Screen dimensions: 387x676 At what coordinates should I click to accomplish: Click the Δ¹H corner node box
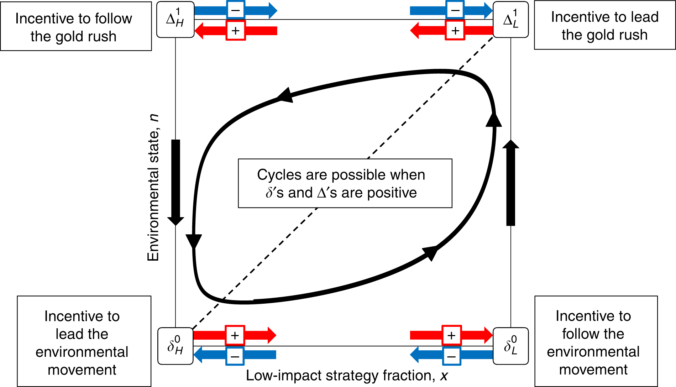(175, 20)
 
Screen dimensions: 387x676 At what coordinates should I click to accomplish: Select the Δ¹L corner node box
(511, 20)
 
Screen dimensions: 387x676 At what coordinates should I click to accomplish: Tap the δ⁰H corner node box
(175, 346)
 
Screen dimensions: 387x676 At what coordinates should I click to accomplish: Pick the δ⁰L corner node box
(511, 346)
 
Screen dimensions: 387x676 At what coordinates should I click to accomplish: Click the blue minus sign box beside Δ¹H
(236, 10)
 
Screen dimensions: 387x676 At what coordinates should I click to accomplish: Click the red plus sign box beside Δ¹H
(236, 31)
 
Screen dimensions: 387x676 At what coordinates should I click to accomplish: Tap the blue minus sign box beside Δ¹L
(455, 10)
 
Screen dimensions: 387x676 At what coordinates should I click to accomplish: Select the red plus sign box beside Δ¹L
(455, 31)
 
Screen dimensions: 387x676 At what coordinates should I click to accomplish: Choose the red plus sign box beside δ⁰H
(235, 335)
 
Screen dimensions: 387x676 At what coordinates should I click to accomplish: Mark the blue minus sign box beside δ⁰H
(235, 356)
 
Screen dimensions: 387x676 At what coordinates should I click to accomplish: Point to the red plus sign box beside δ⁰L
(451, 335)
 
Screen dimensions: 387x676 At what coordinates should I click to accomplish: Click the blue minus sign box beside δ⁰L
(451, 356)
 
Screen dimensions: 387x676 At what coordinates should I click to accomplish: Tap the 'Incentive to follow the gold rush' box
(76, 27)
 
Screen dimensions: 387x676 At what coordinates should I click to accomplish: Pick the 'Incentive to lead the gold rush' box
(604, 26)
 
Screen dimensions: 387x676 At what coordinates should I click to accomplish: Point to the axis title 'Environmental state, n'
(153, 188)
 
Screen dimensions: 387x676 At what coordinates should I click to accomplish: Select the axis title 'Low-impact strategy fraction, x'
(347, 376)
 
